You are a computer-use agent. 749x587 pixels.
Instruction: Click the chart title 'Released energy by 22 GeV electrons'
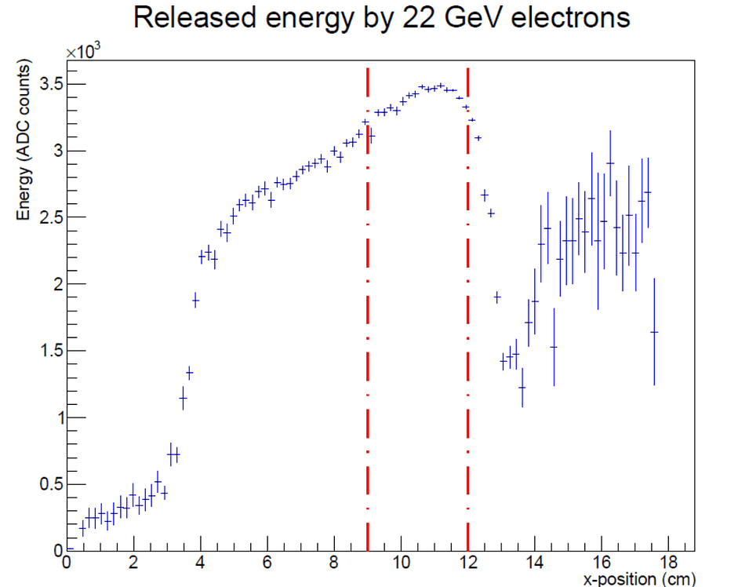pos(382,18)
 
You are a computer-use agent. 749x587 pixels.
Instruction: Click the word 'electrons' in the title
pos(570,18)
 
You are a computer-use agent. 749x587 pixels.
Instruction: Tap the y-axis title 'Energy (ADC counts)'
pos(23,140)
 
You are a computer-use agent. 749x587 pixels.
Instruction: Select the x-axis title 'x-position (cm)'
pos(639,579)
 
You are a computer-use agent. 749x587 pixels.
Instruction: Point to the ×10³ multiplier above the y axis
pos(83,51)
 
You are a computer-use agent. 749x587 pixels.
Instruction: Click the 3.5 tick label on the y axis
pos(52,84)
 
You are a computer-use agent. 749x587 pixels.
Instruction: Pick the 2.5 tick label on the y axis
pos(52,217)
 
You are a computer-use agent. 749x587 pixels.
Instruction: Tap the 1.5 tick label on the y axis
pos(52,350)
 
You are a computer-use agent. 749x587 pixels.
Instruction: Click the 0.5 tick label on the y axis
pos(52,483)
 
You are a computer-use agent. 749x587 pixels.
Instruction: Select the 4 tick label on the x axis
pos(200,563)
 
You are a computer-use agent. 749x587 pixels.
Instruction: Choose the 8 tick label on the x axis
pos(334,563)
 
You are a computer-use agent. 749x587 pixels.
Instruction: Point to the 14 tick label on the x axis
pos(535,563)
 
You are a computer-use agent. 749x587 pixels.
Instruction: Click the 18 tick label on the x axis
pos(668,563)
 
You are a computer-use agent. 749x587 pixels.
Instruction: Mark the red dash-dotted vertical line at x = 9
pos(368,310)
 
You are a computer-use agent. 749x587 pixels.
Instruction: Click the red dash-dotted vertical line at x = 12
pos(467,310)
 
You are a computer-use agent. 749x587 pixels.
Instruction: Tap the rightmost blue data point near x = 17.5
pos(654,332)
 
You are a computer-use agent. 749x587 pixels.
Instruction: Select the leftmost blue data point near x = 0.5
pos(82,528)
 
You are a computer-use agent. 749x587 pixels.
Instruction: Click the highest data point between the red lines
pos(441,85)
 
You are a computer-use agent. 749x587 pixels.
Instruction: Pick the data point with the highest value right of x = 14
pos(610,163)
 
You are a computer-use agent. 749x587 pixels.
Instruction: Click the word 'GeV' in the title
pos(472,18)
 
